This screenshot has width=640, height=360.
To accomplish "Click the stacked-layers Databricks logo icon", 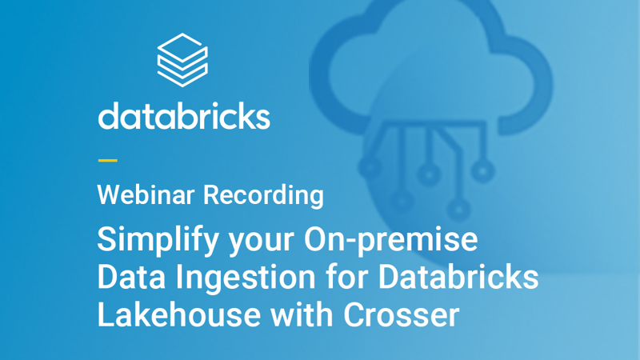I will (182, 58).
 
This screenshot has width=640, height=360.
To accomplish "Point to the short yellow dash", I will (107, 160).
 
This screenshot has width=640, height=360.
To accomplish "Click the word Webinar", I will (146, 194).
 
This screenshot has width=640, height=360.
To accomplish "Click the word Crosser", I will (402, 314).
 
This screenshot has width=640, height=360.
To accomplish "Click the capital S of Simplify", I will (106, 240).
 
